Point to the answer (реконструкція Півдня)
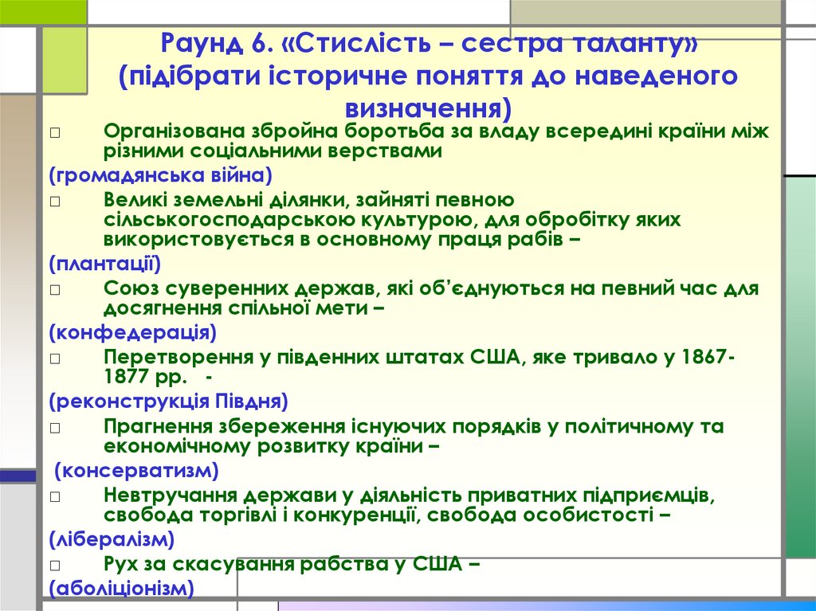click(168, 400)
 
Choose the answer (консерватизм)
click(137, 470)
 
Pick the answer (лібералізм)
click(112, 539)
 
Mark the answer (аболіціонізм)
click(122, 589)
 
